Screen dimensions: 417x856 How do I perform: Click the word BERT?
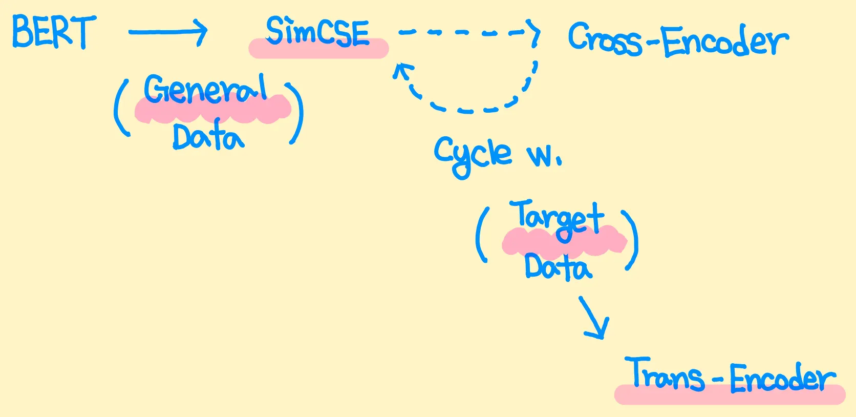point(54,32)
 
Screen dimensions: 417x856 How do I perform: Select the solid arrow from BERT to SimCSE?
point(167,32)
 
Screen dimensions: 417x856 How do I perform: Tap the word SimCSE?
point(317,32)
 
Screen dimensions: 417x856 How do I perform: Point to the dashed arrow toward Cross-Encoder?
point(468,33)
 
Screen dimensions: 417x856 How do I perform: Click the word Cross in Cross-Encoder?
point(604,39)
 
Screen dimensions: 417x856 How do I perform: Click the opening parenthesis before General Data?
point(121,110)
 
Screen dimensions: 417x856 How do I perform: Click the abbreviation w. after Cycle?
point(544,155)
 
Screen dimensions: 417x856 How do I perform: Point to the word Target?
point(557,218)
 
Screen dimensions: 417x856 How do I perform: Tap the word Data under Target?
point(558,266)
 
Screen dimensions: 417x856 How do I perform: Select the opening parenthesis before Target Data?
point(482,236)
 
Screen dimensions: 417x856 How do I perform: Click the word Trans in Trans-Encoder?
point(665,375)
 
